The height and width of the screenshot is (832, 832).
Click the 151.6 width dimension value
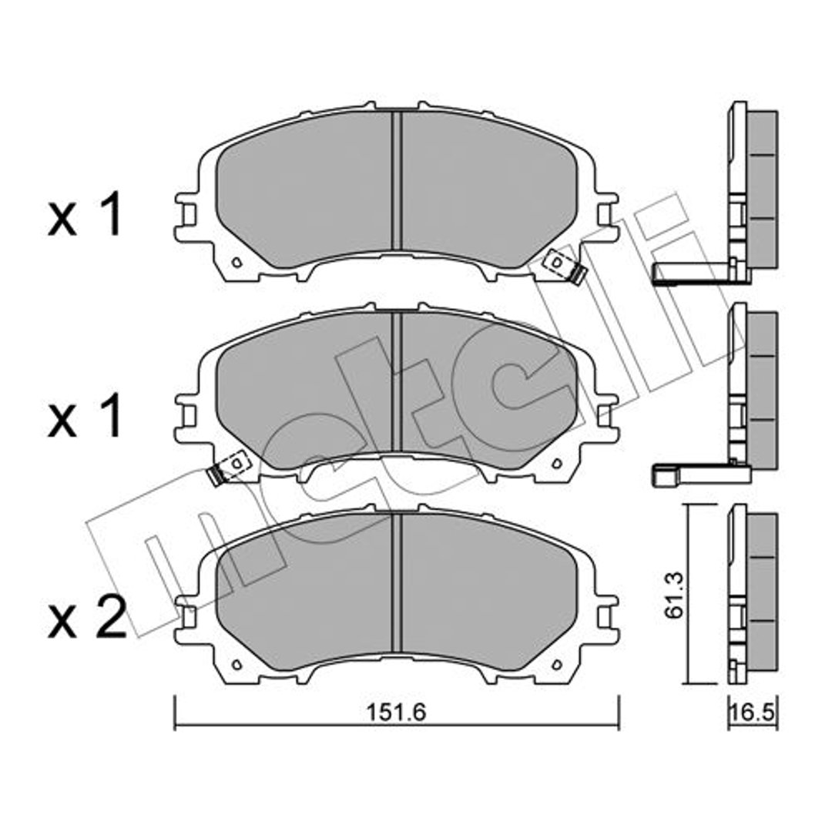[x=397, y=712]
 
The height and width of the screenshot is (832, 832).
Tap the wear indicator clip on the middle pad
[x=228, y=468]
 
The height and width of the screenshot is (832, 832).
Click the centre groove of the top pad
[x=397, y=179]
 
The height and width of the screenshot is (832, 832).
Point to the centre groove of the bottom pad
[x=397, y=582]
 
